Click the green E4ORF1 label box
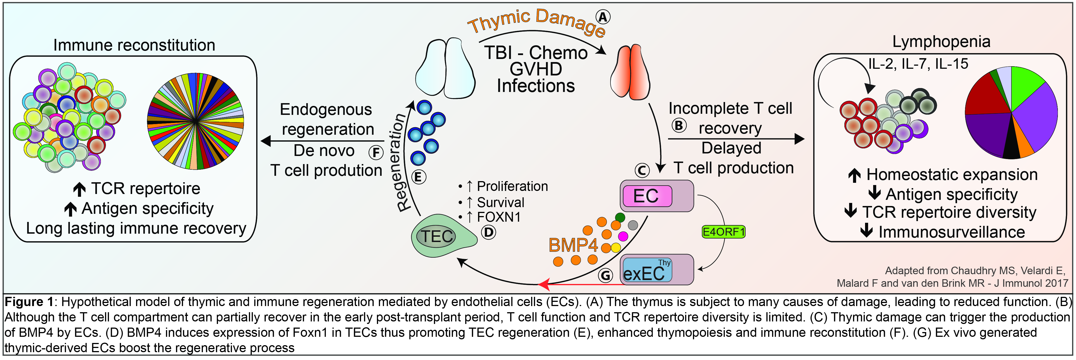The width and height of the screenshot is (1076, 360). [723, 232]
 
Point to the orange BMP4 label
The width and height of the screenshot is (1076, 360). [573, 245]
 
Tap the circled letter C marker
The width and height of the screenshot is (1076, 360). [642, 170]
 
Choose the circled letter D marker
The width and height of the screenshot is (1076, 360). [488, 232]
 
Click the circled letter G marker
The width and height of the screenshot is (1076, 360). [605, 275]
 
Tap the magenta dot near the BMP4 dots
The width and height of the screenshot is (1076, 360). [623, 236]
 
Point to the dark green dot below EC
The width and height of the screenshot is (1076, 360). [620, 217]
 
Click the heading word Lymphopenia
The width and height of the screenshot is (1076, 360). [941, 42]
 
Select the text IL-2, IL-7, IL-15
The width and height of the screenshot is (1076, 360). [918, 64]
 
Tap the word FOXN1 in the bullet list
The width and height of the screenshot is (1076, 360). [499, 217]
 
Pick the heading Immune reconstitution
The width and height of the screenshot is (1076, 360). [134, 45]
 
